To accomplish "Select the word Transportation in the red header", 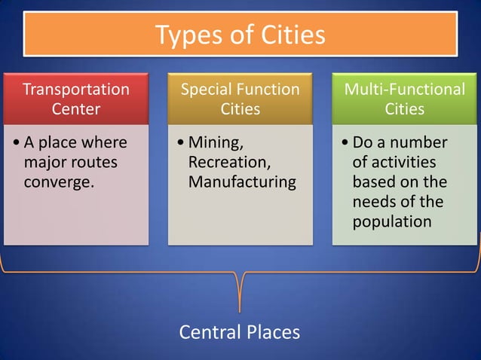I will click(x=76, y=90).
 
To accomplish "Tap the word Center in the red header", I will click(x=76, y=109).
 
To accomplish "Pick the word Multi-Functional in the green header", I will click(x=405, y=90).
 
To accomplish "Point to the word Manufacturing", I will click(x=242, y=182).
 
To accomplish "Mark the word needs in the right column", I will click(x=374, y=202).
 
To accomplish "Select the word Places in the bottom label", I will click(x=273, y=332).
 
